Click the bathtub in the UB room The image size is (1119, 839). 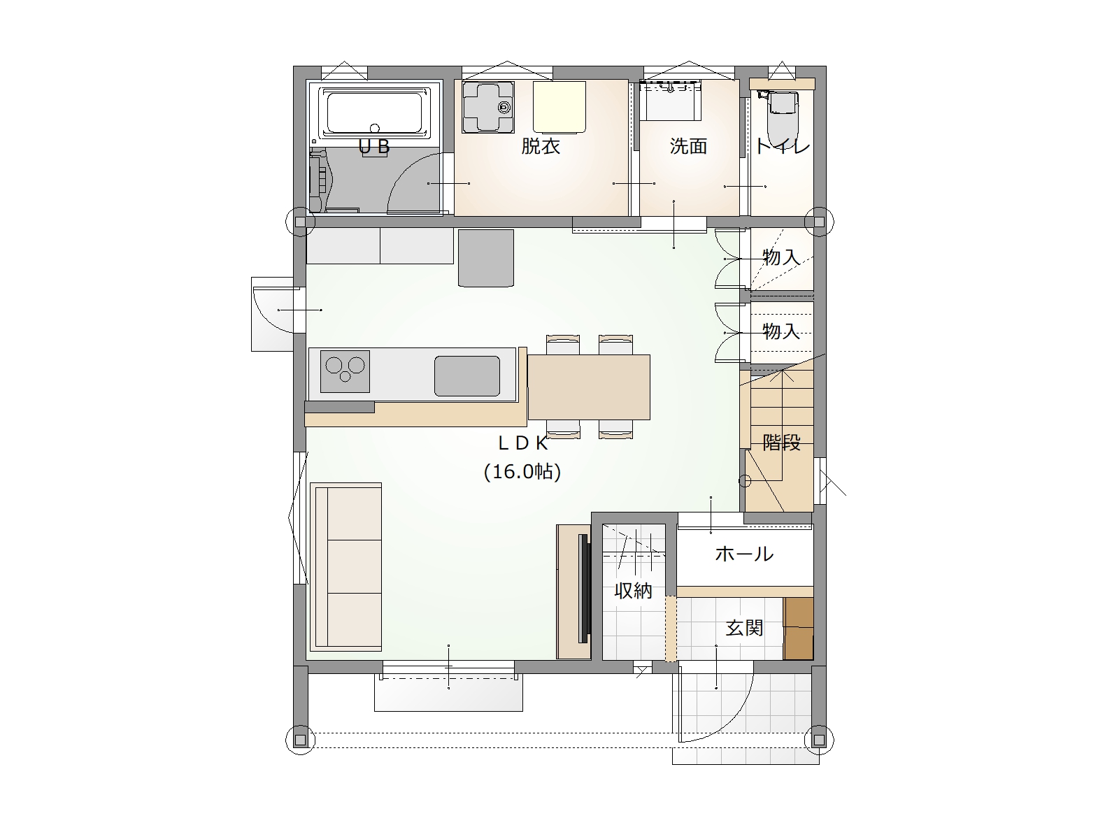[x=375, y=113]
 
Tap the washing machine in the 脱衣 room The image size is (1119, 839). [x=488, y=107]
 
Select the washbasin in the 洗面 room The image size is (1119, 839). [x=671, y=100]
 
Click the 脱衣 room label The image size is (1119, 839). [x=541, y=147]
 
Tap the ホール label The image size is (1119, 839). [x=744, y=554]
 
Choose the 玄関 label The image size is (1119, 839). [x=744, y=628]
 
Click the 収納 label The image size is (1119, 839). [x=633, y=591]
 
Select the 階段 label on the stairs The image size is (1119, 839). [x=781, y=442]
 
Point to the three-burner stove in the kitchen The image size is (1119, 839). [x=345, y=371]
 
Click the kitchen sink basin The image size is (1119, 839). [x=467, y=376]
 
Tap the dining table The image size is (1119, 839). [x=589, y=387]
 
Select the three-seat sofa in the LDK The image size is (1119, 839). [x=346, y=567]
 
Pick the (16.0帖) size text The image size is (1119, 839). [x=522, y=472]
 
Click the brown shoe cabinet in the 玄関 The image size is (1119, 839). [x=799, y=629]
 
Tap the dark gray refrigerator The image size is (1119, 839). [x=486, y=258]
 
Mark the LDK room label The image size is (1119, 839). [x=524, y=444]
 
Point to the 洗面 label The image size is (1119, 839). [x=688, y=147]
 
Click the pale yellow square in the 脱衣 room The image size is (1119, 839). [x=559, y=107]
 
